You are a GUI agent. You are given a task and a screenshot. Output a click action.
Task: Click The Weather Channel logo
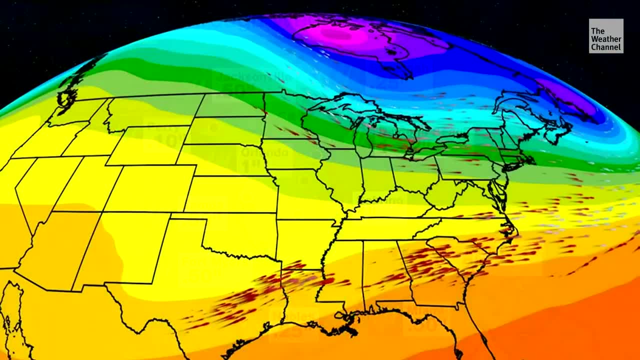pos(605,36)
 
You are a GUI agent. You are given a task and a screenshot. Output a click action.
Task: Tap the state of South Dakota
pos(225,130)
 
